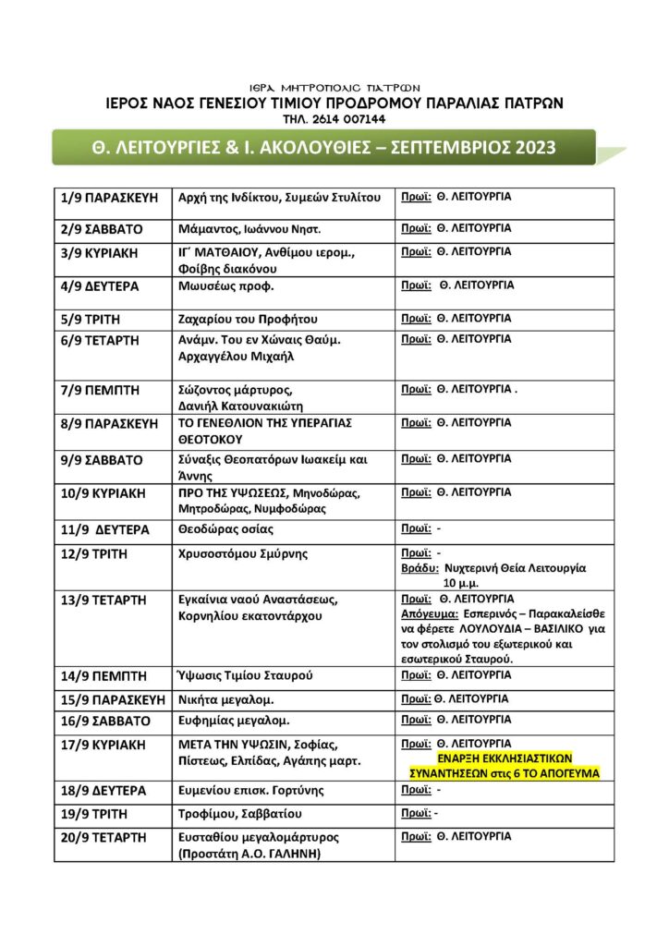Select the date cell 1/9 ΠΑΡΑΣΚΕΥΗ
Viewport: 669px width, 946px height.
(110, 199)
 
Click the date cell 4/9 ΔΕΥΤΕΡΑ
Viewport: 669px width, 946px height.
(100, 286)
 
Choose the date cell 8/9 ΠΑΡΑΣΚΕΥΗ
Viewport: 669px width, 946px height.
(110, 424)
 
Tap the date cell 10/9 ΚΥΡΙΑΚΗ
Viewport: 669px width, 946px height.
(103, 493)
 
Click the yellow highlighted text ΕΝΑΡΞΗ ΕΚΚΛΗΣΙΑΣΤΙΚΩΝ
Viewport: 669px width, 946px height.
(505, 758)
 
